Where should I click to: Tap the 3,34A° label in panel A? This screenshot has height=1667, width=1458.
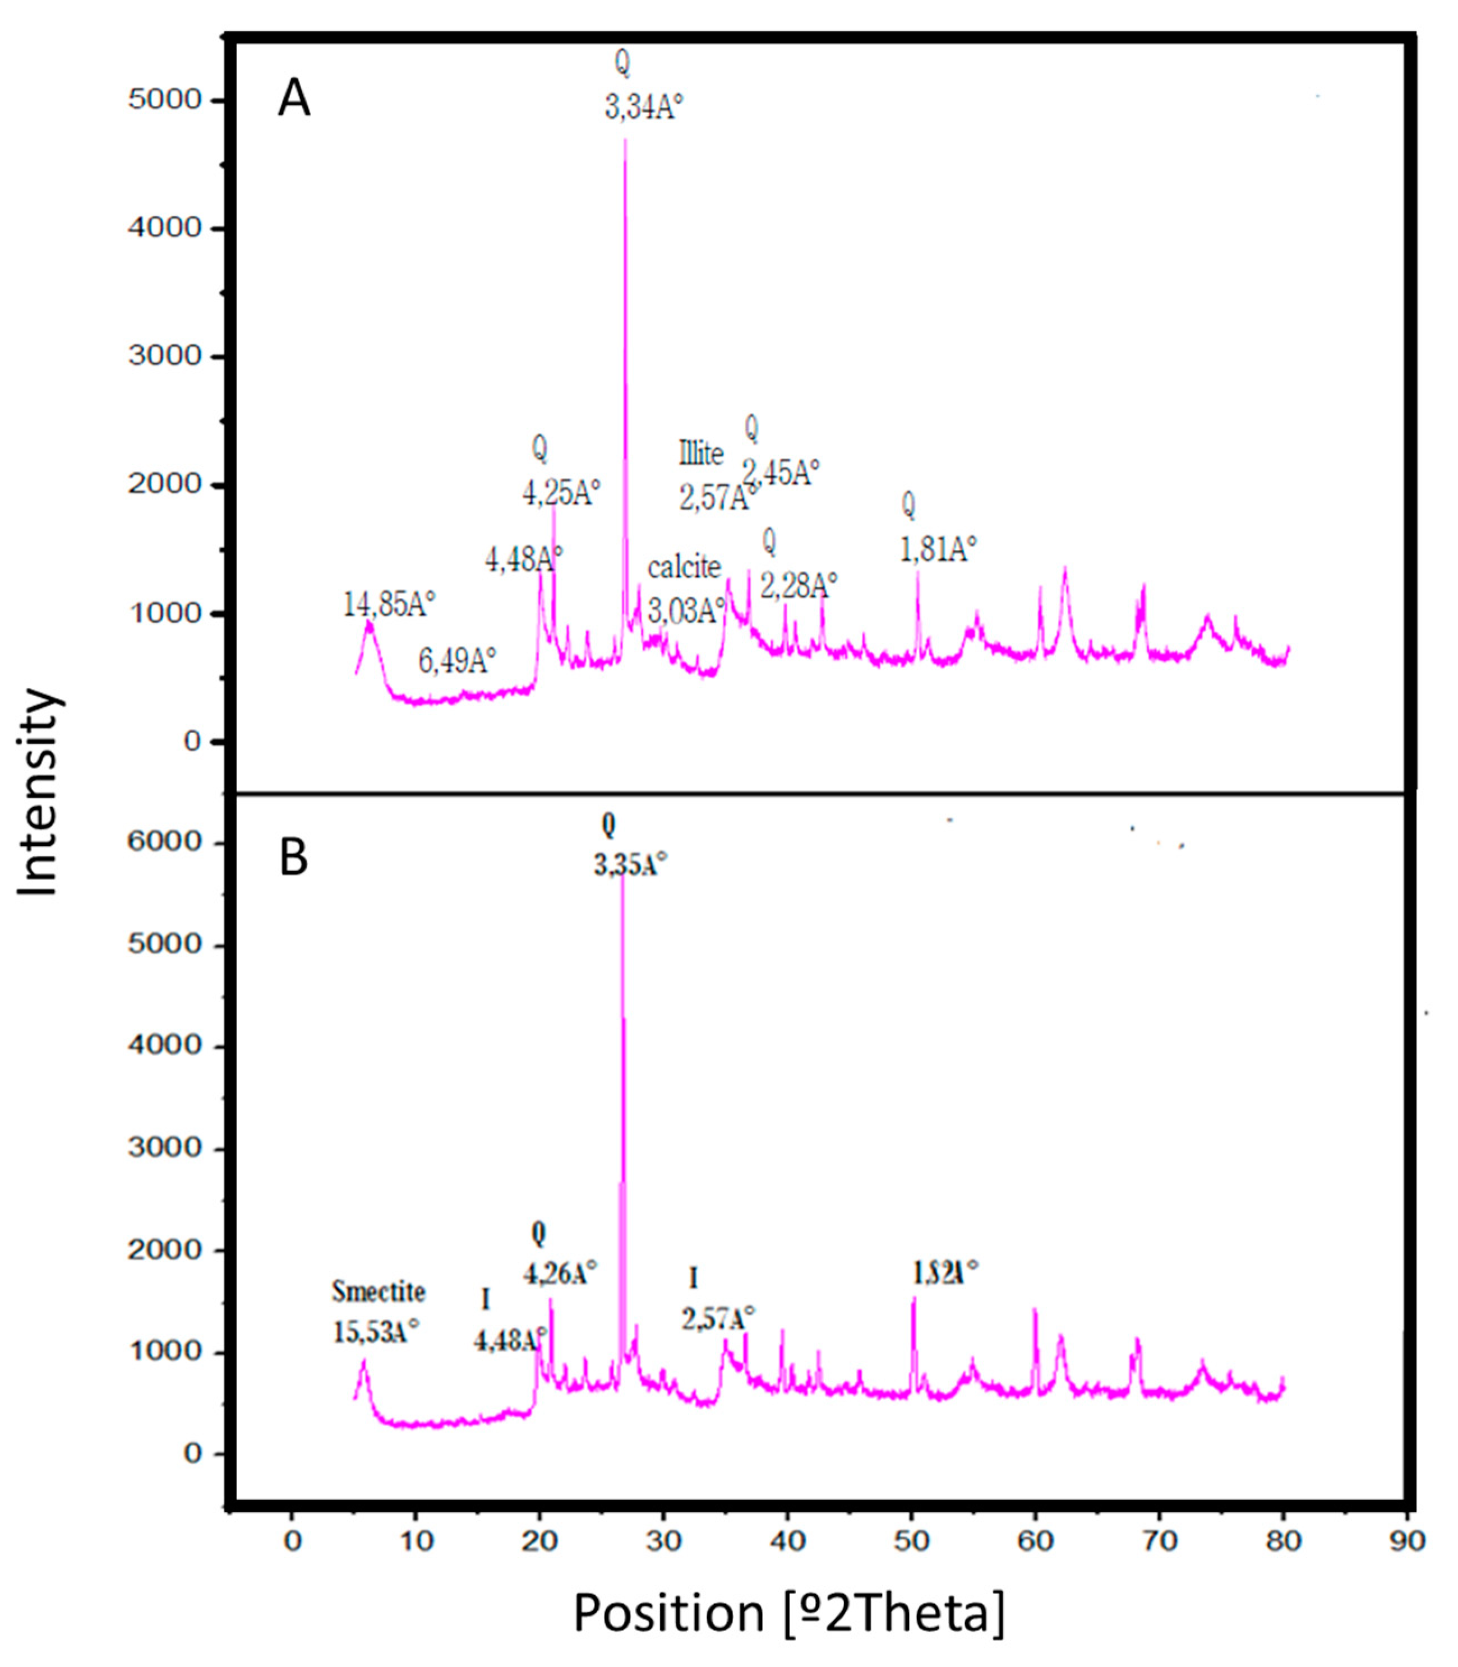tap(643, 106)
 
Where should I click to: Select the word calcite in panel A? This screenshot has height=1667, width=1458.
tap(684, 567)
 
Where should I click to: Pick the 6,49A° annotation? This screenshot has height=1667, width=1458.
tap(457, 660)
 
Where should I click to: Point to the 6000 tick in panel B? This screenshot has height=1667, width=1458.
tap(164, 842)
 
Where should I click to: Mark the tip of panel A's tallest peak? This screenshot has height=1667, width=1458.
tap(625, 141)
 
